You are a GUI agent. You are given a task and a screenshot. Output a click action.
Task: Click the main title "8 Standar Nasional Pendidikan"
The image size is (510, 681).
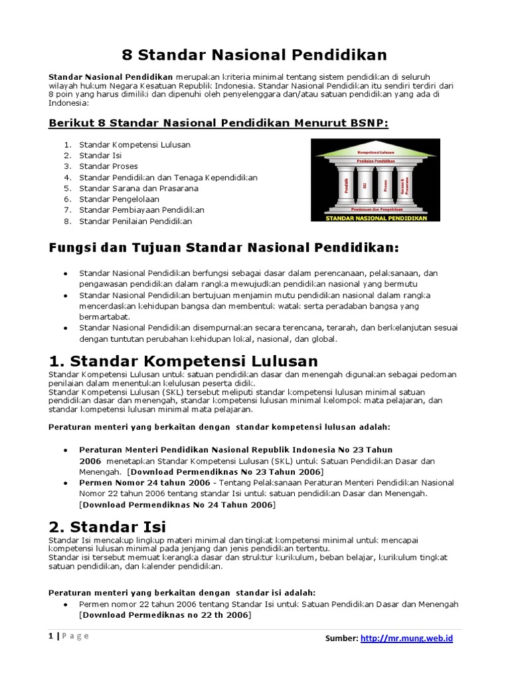click(256, 54)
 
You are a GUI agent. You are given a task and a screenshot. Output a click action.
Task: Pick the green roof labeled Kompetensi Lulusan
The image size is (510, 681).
click(375, 152)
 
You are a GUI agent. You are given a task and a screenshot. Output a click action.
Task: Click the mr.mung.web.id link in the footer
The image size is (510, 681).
click(406, 638)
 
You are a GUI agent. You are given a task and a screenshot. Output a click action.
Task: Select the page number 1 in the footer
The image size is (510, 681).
click(50, 636)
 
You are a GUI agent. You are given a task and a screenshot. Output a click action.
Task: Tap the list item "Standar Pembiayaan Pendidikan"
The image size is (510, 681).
click(141, 209)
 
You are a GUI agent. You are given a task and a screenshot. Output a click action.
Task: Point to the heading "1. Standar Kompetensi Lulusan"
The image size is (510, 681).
click(184, 361)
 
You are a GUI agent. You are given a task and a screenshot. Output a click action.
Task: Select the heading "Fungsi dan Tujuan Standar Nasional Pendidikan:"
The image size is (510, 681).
click(224, 248)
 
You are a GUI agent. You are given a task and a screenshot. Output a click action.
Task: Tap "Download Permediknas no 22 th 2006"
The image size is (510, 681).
click(165, 615)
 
